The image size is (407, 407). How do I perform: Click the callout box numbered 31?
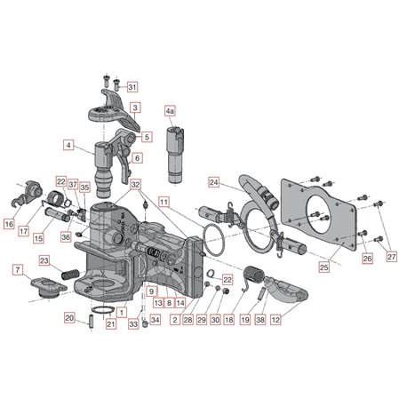tap(132, 87)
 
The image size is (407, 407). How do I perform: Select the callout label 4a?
tap(170, 111)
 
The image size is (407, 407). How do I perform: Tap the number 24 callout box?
tap(214, 182)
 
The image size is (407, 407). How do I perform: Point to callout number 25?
tap(324, 267)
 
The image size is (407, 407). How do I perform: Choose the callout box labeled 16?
tap(9, 224)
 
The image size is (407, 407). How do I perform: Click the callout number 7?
tap(18, 270)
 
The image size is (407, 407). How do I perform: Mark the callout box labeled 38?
tap(260, 320)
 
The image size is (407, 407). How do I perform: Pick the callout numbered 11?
tap(164, 202)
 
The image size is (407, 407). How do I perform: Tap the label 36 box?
tap(66, 237)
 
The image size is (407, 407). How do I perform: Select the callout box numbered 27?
tap(392, 257)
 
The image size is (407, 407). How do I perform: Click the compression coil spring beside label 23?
tap(70, 274)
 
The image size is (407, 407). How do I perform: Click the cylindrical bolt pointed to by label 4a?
tap(175, 155)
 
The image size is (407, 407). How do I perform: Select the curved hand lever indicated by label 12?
tap(286, 290)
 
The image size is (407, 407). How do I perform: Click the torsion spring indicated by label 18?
tap(252, 275)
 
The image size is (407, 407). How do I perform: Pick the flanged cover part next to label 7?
tap(49, 288)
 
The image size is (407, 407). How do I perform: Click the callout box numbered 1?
tap(122, 312)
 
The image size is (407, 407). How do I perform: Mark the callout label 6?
tap(137, 158)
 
